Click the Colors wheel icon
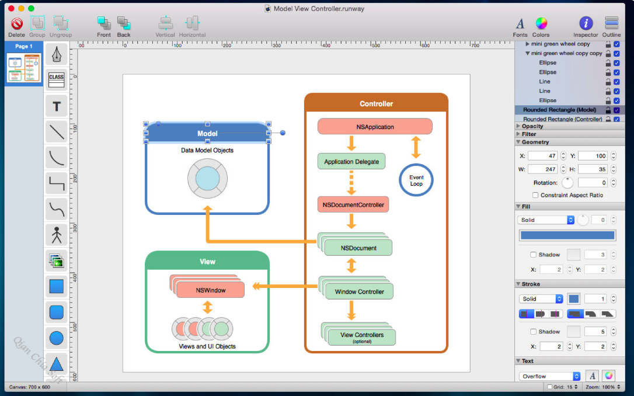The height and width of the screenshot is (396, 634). [x=541, y=23]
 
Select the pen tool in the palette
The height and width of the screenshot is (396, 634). [x=56, y=54]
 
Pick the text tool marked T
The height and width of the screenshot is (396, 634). [x=56, y=106]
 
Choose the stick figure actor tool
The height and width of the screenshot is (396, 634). [x=56, y=235]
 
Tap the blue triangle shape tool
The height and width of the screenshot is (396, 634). [x=56, y=364]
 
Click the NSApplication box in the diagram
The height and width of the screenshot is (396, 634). [x=375, y=127]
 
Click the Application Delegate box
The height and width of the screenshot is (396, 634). [x=351, y=161]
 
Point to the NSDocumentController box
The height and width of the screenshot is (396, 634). [x=353, y=204]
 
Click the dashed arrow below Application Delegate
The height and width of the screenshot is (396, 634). [x=351, y=183]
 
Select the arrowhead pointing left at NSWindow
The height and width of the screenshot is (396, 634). [x=256, y=286]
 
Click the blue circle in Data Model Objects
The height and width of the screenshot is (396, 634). [x=207, y=178]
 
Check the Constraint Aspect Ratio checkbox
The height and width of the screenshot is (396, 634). [x=535, y=195]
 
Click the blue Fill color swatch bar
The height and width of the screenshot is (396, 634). [x=567, y=235]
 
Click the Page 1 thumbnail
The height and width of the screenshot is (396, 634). [x=24, y=68]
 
